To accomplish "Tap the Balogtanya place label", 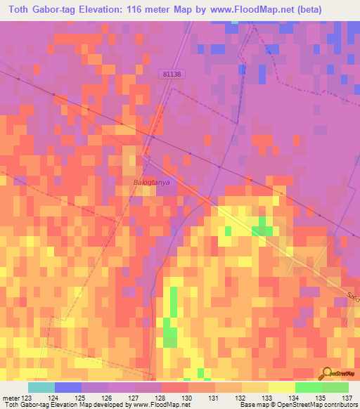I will (x=152, y=181).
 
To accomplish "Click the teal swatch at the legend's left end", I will (x=41, y=387).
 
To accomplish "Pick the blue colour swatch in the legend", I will (x=68, y=387).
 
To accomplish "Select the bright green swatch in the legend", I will (x=308, y=387).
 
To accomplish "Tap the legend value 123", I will (x=27, y=398).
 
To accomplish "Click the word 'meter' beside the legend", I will (x=11, y=398).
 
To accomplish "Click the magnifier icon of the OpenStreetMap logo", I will (x=328, y=372).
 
